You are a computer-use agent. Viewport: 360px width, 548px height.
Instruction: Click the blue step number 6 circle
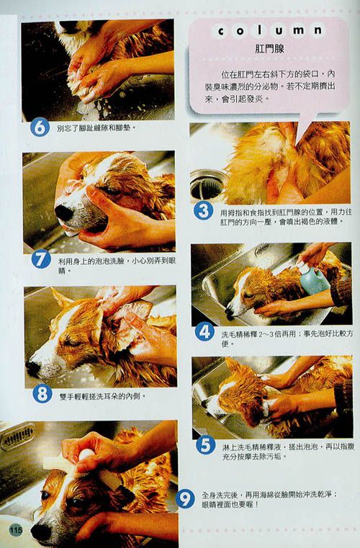40,127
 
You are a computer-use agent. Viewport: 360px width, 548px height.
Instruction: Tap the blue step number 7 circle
41,259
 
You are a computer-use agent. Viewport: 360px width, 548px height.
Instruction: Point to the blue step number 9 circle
185,498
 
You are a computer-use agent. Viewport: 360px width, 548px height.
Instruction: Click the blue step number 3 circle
204,210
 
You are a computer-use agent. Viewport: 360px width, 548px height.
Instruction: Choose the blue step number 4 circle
204,332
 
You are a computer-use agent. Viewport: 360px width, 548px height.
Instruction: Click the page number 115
15,530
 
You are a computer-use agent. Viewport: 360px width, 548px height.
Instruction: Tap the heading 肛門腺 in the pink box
269,48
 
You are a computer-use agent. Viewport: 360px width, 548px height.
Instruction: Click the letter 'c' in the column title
221,31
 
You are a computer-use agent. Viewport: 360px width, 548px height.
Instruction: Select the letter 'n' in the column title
318,30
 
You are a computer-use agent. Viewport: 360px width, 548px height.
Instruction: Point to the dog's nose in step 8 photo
33,368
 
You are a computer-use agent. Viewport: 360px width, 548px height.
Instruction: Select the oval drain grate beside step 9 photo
17,436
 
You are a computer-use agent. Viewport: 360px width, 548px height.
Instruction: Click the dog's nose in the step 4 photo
230,312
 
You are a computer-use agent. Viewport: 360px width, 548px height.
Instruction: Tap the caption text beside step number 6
96,128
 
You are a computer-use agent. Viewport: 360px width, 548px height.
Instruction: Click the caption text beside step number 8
102,396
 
